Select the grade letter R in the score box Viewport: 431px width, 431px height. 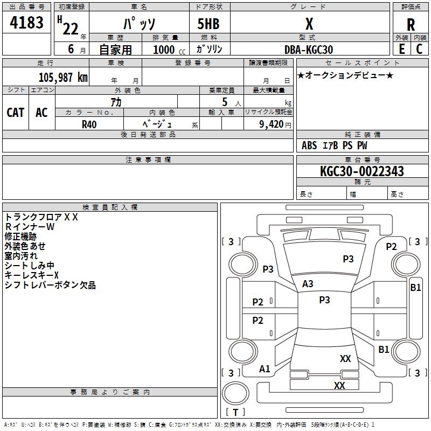tap(411, 25)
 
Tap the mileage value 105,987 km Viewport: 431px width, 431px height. tap(62, 77)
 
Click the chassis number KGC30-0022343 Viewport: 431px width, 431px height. tap(362, 171)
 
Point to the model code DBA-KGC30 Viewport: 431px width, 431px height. tap(308, 50)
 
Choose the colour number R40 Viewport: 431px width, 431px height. tap(89, 124)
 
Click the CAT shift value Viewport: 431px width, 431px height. tap(15, 112)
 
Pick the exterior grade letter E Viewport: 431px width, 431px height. tap(401, 49)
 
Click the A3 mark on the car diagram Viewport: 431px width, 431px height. tap(308, 283)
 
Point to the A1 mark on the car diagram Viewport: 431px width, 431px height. tap(265, 369)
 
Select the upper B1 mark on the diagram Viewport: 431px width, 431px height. tap(415, 288)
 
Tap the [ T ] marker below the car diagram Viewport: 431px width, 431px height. tap(235, 413)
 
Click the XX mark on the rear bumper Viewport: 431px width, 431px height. tap(339, 386)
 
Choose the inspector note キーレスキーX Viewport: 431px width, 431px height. tap(32, 275)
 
